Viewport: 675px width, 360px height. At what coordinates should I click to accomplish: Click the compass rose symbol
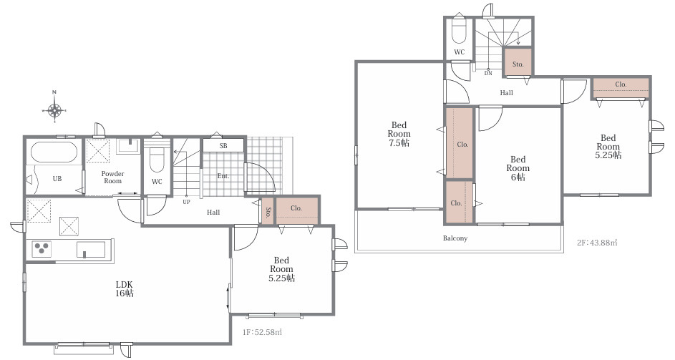[54, 110]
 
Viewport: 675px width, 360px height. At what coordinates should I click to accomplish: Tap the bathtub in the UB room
[54, 152]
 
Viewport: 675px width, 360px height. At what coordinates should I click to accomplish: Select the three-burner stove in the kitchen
[42, 249]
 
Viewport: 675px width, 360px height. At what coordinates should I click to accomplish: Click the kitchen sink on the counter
[91, 249]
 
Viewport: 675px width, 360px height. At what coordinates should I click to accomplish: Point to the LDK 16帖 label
[124, 289]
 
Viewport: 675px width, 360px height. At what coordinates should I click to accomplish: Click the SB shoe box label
[223, 145]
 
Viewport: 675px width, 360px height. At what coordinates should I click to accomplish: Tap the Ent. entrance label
[223, 175]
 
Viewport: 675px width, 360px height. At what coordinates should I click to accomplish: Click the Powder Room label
[113, 177]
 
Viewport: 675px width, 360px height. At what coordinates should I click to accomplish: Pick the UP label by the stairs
[186, 202]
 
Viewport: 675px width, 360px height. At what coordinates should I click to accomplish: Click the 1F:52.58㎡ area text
[262, 332]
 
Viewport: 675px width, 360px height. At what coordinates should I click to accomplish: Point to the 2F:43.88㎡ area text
[597, 243]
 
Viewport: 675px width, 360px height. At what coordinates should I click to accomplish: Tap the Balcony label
[455, 238]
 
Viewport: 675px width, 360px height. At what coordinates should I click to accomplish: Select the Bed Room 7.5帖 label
[399, 134]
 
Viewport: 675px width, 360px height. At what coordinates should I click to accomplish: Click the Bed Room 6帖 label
[518, 168]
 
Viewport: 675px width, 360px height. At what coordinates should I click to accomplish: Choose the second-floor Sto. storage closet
[518, 63]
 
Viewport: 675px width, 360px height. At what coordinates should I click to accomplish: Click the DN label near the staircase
[488, 73]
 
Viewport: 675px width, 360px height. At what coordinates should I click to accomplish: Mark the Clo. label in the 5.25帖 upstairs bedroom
[621, 84]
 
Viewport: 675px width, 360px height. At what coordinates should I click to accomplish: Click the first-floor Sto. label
[268, 212]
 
